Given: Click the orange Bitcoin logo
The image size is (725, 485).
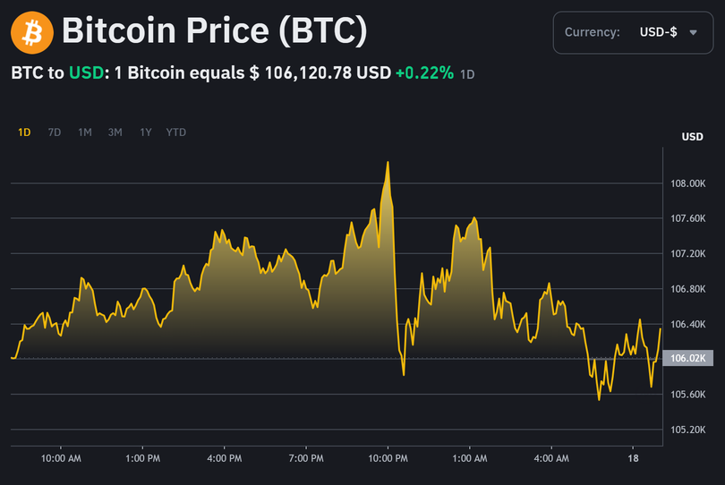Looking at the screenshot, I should coord(32,32).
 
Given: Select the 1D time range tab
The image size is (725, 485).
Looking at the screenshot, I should coord(24,132).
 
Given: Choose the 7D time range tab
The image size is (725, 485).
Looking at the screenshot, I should coord(54,132).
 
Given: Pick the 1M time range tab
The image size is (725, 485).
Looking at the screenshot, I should coord(84,132).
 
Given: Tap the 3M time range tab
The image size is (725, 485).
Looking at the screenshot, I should coord(115,132).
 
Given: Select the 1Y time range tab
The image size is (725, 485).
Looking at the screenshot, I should coord(145,132).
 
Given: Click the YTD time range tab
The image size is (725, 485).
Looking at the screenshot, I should coord(176,132).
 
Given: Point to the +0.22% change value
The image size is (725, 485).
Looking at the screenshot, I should coord(424,73).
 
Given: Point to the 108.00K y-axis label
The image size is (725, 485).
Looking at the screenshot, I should coord(689,183).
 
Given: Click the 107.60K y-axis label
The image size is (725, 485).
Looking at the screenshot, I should coord(689,218).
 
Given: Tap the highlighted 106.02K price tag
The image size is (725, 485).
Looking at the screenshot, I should coord(689,358).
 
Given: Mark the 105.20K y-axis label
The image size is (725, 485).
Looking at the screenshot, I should coord(689,429).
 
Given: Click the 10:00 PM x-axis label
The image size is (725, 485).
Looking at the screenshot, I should coord(388,458).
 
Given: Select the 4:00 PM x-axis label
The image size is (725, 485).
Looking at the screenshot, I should coord(224,458).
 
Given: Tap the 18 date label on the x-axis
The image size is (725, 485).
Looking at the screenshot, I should coord(633,458).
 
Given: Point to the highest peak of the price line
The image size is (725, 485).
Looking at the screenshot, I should coord(388,162).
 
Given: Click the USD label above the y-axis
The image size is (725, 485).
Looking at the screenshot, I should coord(692,137).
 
